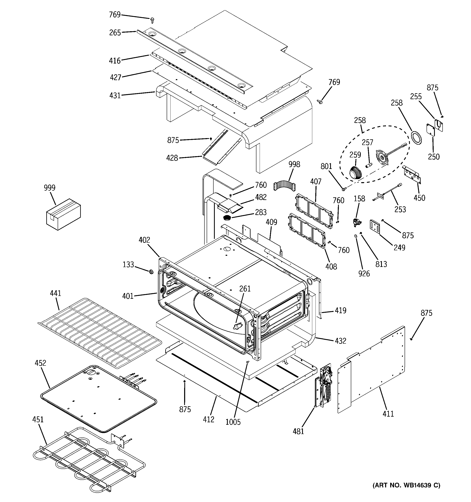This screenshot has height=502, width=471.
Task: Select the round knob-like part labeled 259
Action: [355, 173]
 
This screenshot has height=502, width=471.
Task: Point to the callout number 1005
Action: [233, 422]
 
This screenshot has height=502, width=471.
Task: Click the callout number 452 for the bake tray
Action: [40, 363]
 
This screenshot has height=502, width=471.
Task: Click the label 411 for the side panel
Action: [388, 414]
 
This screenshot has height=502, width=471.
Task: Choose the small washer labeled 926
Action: [355, 236]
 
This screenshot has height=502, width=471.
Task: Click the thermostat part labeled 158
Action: [357, 222]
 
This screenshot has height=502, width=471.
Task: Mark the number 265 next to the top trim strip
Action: [115, 33]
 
